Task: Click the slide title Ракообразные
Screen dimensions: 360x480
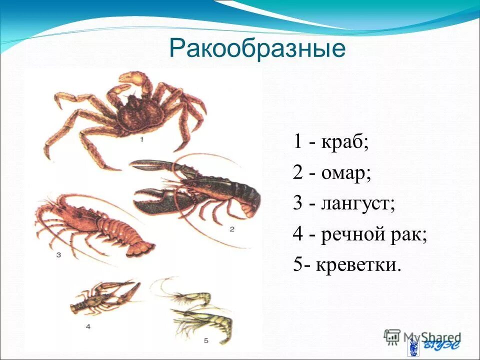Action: click(x=257, y=49)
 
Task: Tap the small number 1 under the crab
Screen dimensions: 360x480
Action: click(x=142, y=140)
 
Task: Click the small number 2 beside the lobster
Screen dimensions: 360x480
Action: click(x=232, y=229)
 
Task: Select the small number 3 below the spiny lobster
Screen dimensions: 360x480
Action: click(x=58, y=255)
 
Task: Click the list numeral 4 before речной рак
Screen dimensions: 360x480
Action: click(x=298, y=234)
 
